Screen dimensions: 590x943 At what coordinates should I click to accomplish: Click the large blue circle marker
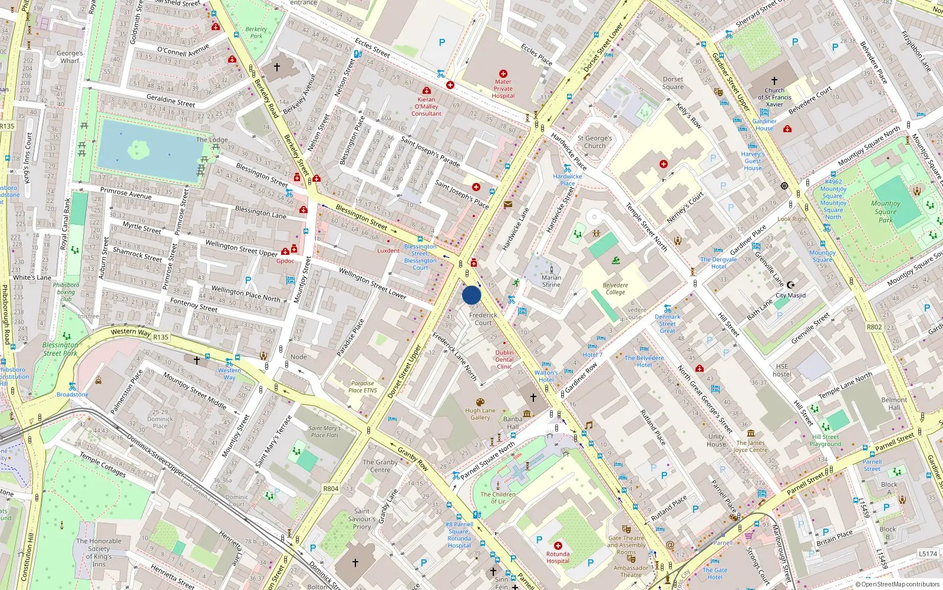coord(471,295)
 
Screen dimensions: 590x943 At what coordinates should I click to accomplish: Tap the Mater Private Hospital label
coord(503,88)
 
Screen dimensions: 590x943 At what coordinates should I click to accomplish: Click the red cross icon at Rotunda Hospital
coord(558,546)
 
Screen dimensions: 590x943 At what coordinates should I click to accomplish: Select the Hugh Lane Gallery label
coord(480,414)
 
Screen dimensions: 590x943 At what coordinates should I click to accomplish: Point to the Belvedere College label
coord(615,289)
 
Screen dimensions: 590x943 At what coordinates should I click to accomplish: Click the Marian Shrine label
coord(551,281)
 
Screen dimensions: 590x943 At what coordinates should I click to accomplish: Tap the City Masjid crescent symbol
coord(791,286)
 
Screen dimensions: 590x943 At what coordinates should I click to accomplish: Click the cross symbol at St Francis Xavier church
coord(774,81)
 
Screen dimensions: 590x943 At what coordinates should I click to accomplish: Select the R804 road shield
coord(331,489)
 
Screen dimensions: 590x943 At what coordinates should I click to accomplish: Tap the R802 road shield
coord(874,327)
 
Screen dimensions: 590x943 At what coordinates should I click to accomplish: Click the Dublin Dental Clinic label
coord(504,359)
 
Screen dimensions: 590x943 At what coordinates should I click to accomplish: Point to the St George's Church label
coord(595,142)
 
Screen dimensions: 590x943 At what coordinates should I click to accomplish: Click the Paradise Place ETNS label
coord(362,386)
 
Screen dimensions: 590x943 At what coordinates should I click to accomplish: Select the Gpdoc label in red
coord(285,261)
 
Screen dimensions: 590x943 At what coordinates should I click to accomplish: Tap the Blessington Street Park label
coord(60,349)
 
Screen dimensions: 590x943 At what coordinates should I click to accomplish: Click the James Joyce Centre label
coord(750,446)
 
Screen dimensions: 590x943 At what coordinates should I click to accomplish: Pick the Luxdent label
coord(388,251)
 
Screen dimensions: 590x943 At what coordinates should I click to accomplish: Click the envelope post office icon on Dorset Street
coord(508,204)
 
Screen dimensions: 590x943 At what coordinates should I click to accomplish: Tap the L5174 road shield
coord(928,553)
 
